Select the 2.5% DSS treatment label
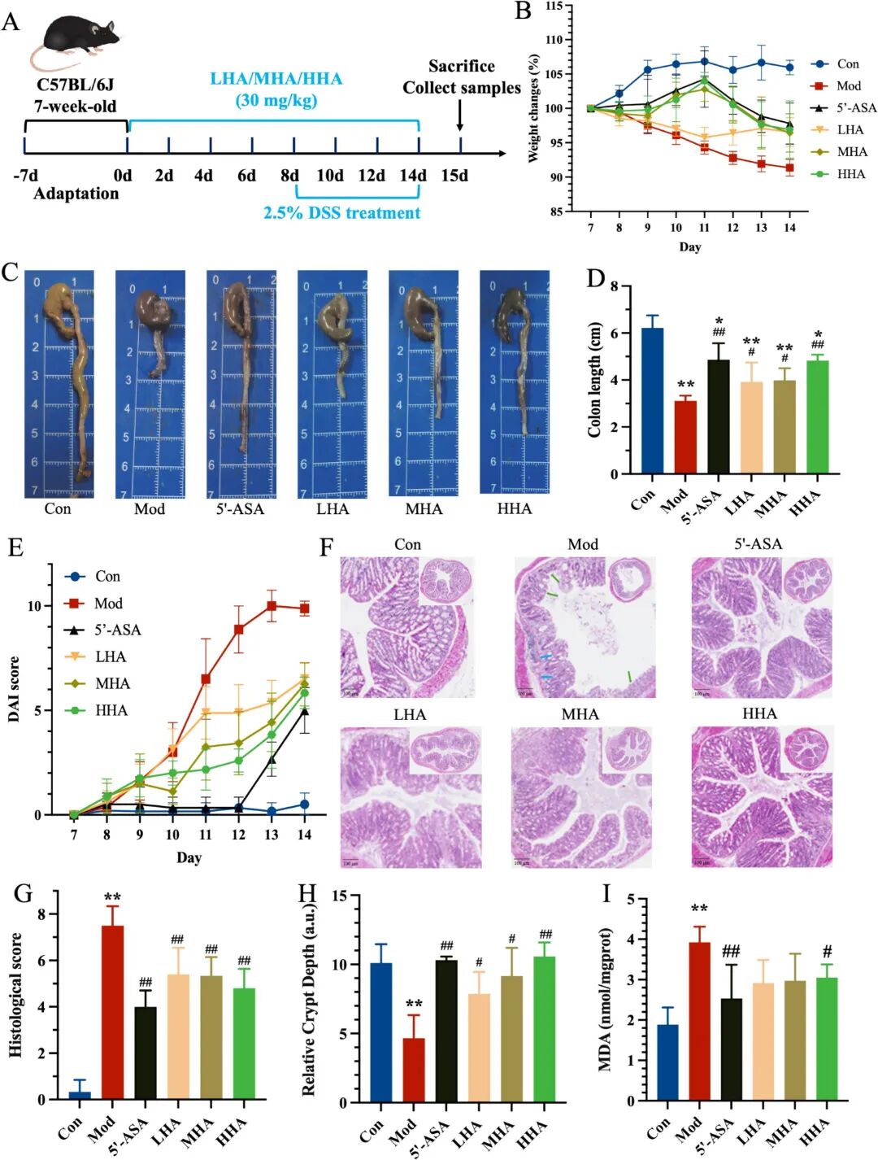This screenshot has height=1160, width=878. pos(341,213)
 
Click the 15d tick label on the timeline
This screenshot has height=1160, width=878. pos(454,176)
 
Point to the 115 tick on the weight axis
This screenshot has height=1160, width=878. pos(554,7)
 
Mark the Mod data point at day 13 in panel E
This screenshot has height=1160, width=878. pos(272,606)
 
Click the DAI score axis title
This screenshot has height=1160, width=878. pos(14,689)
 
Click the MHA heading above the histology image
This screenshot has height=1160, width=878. pos(580,714)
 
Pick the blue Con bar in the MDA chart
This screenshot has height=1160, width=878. pos(667,1062)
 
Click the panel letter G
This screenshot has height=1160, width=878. pos(23,894)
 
